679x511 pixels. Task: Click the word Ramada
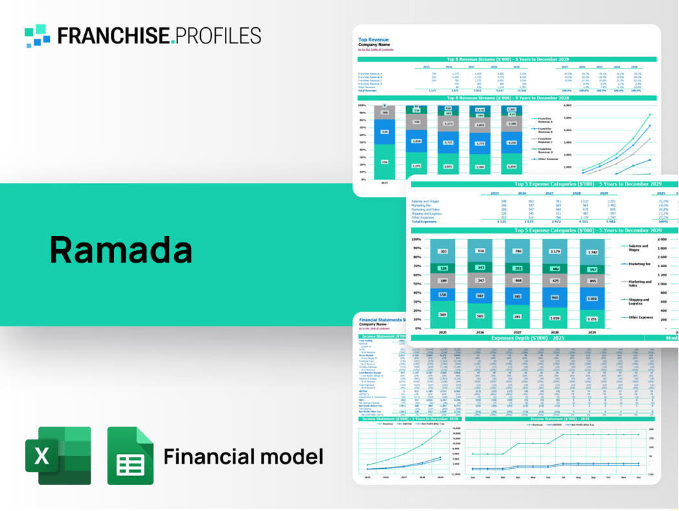click(x=121, y=250)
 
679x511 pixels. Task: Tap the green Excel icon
click(x=58, y=455)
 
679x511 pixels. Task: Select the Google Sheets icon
click(x=130, y=456)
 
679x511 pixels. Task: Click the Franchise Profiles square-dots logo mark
click(x=38, y=35)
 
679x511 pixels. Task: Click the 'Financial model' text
click(x=243, y=457)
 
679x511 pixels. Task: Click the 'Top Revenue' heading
click(x=373, y=40)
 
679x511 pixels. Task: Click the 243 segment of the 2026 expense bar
click(x=479, y=267)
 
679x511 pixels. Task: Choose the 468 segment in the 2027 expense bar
click(x=517, y=280)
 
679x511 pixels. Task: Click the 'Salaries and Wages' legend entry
click(x=638, y=247)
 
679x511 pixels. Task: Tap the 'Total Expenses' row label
click(x=425, y=222)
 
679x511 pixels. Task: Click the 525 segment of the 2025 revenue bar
click(x=384, y=132)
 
